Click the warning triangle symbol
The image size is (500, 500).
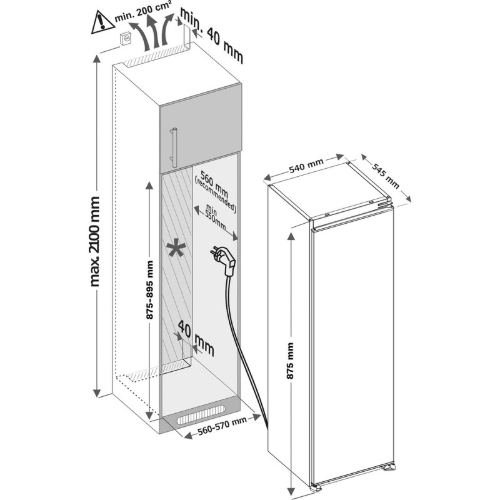(99, 22)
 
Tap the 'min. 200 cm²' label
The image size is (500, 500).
(142, 16)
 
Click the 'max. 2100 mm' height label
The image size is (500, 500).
(94, 241)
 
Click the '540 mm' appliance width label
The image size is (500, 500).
(307, 165)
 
